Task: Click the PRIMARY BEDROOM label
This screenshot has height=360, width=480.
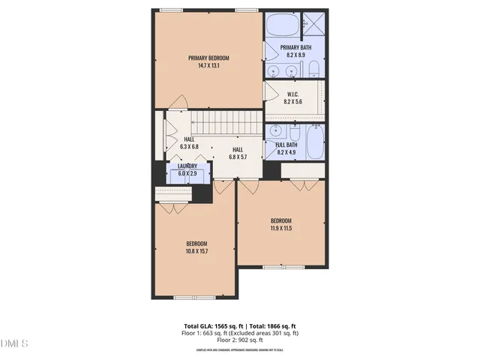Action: tap(208, 58)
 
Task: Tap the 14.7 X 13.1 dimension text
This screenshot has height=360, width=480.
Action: tap(208, 66)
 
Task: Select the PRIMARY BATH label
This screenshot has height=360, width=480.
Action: tap(295, 47)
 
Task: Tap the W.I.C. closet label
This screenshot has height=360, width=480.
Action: tap(293, 94)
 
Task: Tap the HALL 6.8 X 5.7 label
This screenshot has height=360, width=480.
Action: tap(237, 153)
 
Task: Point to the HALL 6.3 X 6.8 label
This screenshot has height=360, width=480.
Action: tap(190, 143)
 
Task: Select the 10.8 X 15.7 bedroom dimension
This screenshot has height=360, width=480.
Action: tap(197, 250)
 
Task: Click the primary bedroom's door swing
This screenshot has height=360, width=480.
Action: tap(177, 102)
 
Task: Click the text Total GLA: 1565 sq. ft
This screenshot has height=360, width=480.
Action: tap(211, 326)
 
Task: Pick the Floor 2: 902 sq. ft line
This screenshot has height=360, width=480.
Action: tap(240, 340)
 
